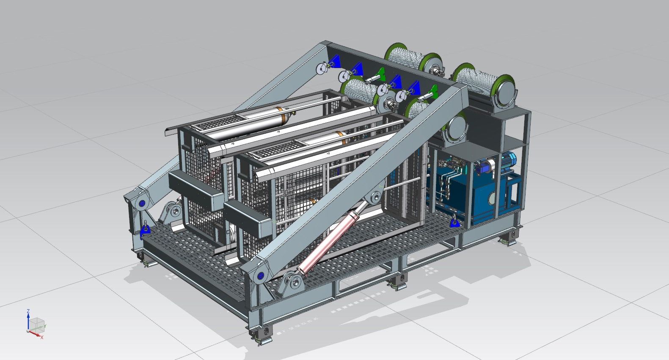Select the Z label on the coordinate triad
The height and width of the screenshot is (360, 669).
(x=28, y=311)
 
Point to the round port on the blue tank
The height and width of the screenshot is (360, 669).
(x=492, y=197)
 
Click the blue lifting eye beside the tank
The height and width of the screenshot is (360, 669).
(x=454, y=222)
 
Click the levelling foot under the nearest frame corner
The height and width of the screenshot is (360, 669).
(x=263, y=337)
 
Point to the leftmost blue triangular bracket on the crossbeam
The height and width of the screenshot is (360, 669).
(x=336, y=60)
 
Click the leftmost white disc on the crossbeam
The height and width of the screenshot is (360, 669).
(x=322, y=69)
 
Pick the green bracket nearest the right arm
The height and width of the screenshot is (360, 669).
(x=432, y=91)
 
